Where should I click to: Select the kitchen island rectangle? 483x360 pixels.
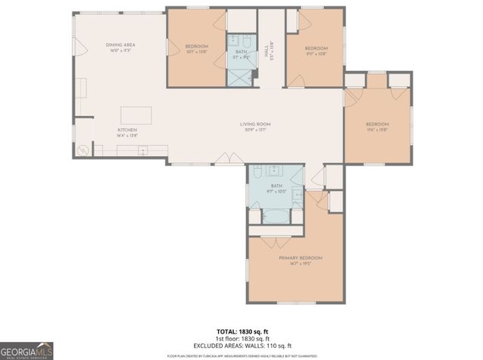136,115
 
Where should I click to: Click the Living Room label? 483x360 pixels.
255,127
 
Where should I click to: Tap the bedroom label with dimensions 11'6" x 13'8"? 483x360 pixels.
377,127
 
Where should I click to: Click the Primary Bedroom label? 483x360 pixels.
300,260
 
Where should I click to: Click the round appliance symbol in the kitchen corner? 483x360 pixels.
82,150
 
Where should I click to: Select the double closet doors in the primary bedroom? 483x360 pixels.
275,242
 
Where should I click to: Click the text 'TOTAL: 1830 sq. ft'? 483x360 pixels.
242,331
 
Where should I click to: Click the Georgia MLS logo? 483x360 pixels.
26,351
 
